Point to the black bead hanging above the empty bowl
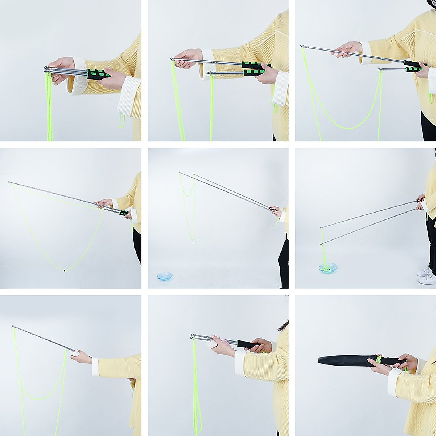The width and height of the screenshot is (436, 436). point(193,240)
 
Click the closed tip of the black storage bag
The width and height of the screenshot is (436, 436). point(319,360)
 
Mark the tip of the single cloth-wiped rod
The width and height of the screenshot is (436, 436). point(13,327)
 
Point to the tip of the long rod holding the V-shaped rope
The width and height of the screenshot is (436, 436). point(8,182)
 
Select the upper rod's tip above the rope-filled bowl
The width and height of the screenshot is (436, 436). point(322,228)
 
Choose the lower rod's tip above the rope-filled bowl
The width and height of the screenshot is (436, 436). point(322,243)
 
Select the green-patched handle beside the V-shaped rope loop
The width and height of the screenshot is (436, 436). point(124,213)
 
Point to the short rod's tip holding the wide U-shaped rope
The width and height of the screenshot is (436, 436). point(379,69)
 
